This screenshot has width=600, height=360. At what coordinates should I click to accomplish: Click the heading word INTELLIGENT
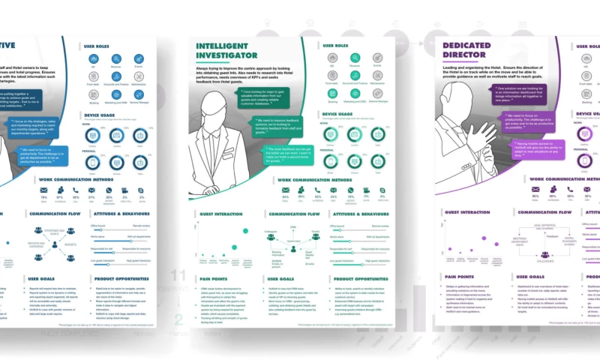225,46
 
